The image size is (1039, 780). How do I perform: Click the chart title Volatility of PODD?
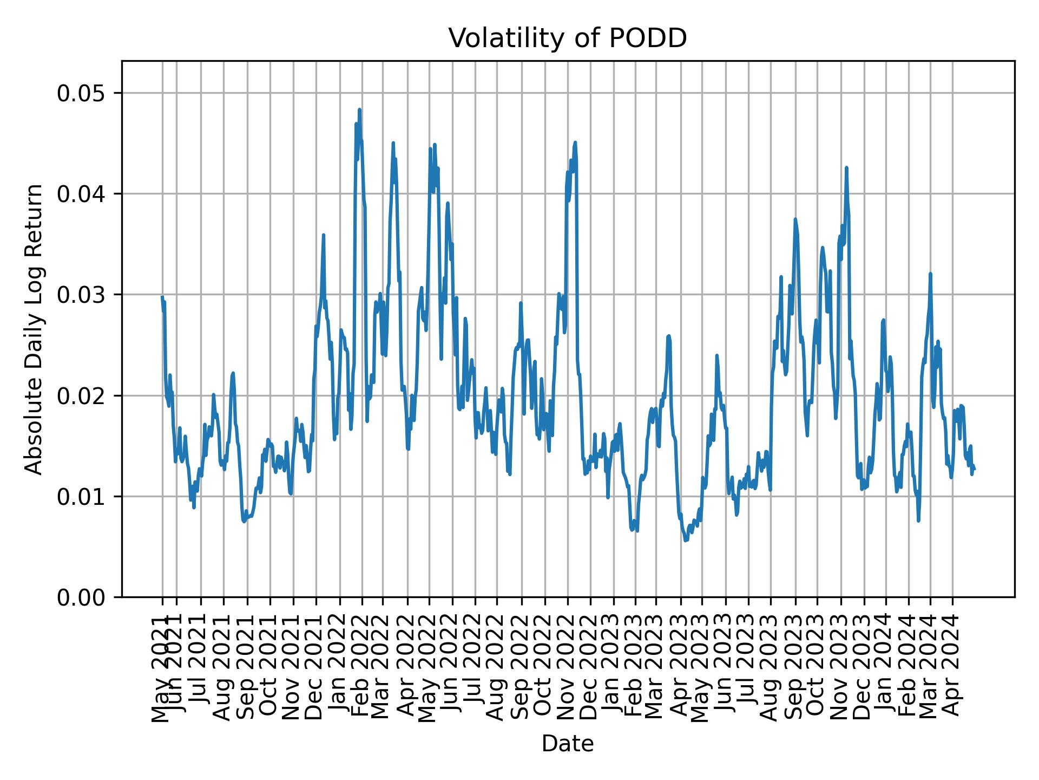coord(568,38)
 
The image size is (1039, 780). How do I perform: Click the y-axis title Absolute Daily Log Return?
coord(35,329)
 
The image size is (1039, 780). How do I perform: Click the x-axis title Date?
coord(568,744)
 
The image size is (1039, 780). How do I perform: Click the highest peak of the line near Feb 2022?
coord(359,109)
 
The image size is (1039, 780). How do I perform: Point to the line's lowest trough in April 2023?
coord(686,541)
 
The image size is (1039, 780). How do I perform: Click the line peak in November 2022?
coord(575,142)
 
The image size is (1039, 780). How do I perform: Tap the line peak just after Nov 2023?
coord(846,168)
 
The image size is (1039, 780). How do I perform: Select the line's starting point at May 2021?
coord(162,297)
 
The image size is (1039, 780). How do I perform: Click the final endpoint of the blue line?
coord(975,469)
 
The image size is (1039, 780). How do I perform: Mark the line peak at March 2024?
coord(930,274)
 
